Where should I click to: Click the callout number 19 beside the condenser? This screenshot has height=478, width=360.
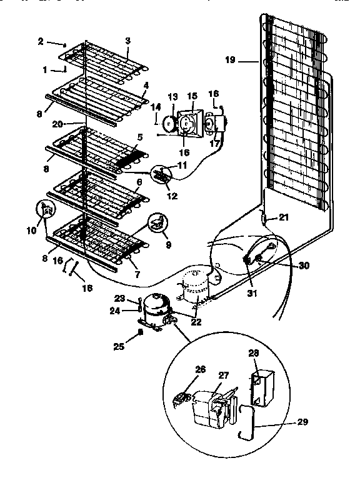[229, 61]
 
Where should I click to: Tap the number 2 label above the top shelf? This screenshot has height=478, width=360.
[41, 42]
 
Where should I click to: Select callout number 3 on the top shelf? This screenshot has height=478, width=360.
[127, 41]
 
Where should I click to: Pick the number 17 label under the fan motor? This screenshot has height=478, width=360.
[216, 143]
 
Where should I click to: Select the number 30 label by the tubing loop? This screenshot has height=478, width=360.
[304, 266]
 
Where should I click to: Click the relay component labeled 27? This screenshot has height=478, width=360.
[211, 406]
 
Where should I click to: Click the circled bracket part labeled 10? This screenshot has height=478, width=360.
[44, 211]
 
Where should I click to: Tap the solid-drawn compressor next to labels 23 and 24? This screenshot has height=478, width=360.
[154, 307]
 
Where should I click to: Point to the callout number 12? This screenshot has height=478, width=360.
[171, 196]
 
